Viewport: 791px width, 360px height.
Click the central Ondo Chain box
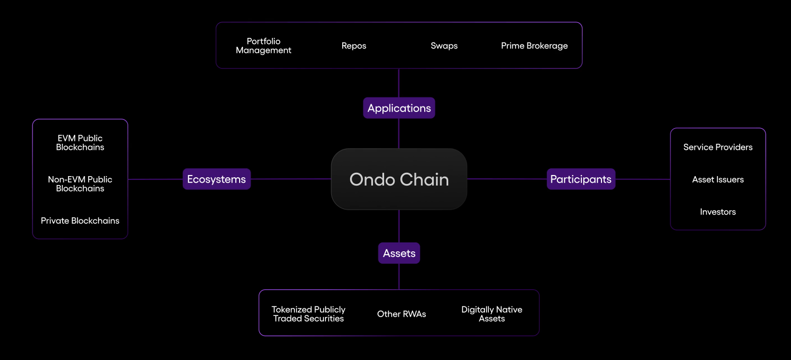coord(399,179)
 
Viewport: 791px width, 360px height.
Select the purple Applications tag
coord(399,108)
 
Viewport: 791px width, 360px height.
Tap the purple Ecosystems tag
coord(216,179)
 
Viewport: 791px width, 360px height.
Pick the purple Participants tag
coord(581,179)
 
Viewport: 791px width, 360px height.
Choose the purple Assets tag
coord(399,253)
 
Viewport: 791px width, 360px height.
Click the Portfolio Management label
coord(264,46)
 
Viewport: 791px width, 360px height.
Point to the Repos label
coord(354,46)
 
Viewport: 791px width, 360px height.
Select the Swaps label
coord(444,46)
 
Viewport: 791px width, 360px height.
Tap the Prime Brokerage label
coord(535,46)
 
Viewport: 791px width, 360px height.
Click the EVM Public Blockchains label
coord(80,143)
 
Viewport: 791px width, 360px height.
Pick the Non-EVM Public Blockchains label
coord(80,184)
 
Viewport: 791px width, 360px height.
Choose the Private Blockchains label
coord(80,221)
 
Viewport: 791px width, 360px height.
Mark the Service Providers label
coord(718,147)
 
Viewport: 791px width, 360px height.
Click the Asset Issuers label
coord(718,179)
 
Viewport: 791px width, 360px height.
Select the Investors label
coord(718,212)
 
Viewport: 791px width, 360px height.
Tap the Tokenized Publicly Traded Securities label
coord(309,314)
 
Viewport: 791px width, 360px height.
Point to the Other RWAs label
coord(401,314)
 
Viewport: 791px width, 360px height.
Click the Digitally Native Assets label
coord(492,314)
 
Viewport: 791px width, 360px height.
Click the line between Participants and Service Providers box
coord(643,179)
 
